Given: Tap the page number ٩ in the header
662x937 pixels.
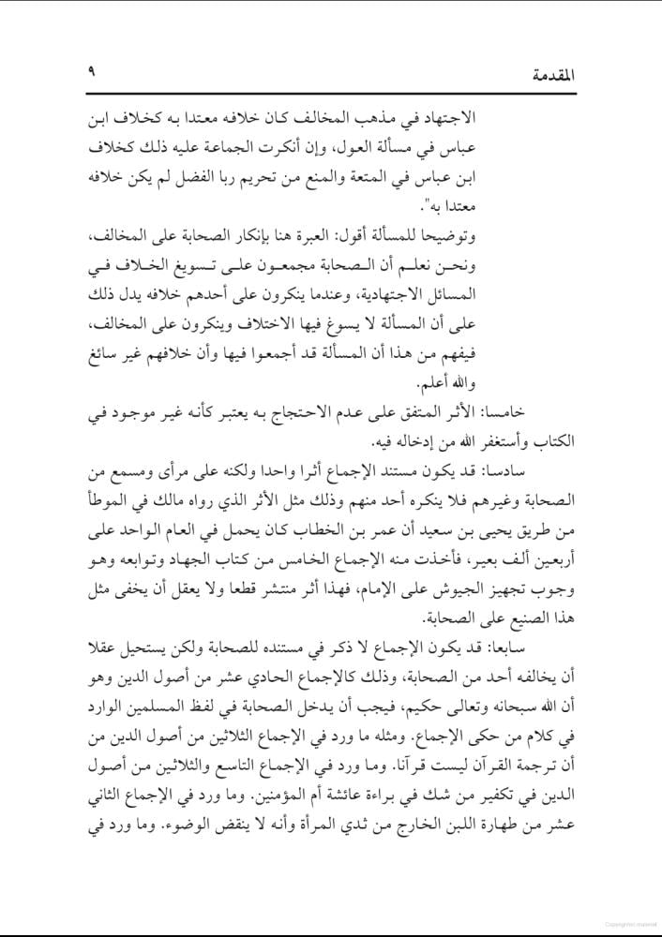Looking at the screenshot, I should point(92,73).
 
